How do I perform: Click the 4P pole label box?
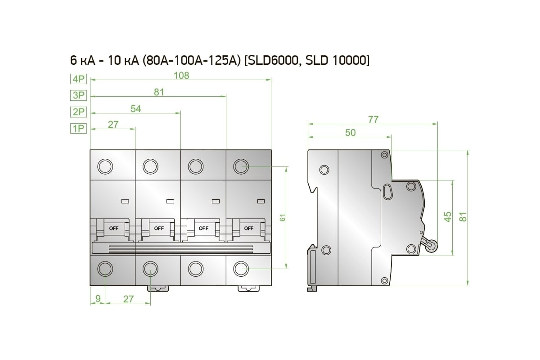click(x=78, y=79)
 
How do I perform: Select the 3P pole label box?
click(x=78, y=95)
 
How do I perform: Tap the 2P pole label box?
click(x=78, y=112)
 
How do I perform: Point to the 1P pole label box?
click(x=78, y=128)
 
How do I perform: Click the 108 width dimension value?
click(x=181, y=76)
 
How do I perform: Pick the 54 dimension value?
click(x=136, y=109)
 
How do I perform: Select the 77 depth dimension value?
click(x=373, y=120)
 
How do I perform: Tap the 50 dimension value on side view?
click(x=350, y=133)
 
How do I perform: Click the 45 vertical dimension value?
click(x=448, y=217)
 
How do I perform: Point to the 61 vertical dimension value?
click(x=283, y=217)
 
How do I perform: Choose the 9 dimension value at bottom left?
click(x=98, y=298)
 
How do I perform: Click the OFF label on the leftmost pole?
click(x=114, y=228)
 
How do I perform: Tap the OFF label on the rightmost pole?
click(x=249, y=228)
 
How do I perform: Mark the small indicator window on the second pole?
click(x=170, y=201)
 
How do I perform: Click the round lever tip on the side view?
click(x=432, y=246)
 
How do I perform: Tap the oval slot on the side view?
click(x=388, y=192)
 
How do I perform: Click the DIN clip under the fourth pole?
click(x=249, y=288)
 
